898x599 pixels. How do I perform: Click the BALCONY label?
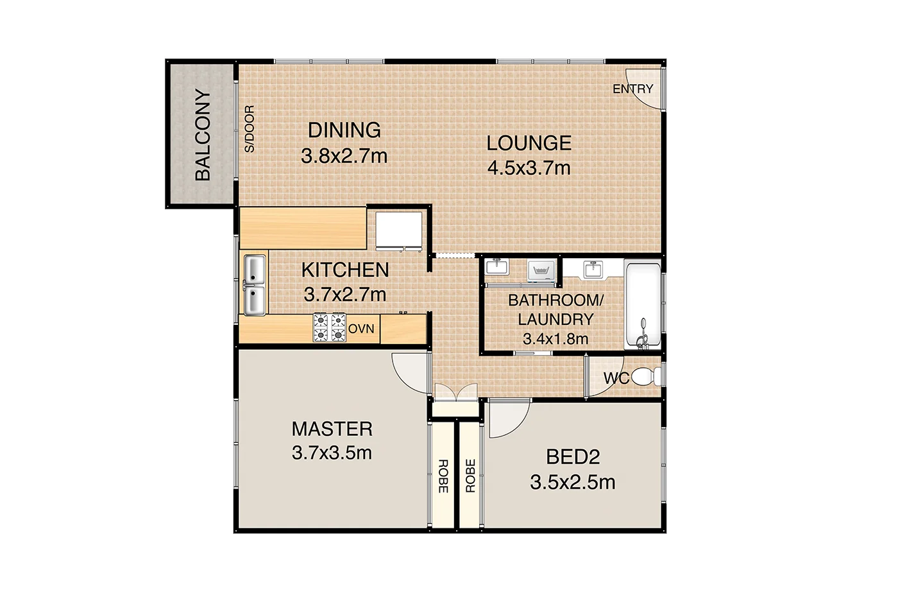[203, 135]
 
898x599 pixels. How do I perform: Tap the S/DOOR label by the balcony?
[250, 129]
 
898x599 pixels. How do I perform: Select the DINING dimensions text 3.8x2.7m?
[344, 156]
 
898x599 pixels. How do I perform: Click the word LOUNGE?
[529, 143]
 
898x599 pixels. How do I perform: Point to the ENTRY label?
[632, 89]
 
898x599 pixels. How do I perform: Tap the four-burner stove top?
[329, 327]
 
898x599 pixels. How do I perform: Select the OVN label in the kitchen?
[361, 329]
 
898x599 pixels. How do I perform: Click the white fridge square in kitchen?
[398, 229]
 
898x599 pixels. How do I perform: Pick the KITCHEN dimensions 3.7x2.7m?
[345, 295]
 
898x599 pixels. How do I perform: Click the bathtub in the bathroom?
[643, 304]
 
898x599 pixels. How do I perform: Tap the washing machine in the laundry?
[541, 271]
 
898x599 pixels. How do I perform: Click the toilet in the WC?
[647, 376]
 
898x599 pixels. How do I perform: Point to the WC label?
[616, 378]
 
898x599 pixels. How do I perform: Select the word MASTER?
[332, 429]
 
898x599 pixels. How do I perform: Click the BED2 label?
[572, 457]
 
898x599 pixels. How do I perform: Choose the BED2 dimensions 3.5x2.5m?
[572, 482]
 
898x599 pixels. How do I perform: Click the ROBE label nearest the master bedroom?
[443, 476]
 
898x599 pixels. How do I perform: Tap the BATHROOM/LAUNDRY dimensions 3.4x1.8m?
[555, 339]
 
